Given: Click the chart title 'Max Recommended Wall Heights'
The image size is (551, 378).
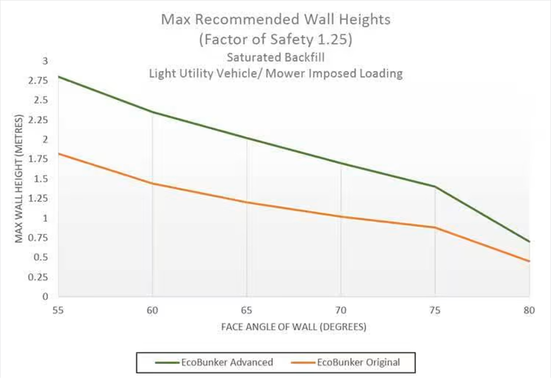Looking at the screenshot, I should coord(275,20).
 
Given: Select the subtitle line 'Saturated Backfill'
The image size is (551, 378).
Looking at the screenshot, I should coord(275,57).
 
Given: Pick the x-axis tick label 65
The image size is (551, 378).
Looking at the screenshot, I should coord(246,310).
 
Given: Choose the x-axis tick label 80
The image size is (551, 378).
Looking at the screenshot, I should coord(529,310).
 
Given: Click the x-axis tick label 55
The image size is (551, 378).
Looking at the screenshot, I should coord(58,310).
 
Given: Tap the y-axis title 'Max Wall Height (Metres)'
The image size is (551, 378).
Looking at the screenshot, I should coord(19,178).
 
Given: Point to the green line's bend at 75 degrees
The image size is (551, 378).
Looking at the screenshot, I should coord(435,186).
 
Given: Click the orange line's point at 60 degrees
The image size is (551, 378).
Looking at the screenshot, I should coord(152,183).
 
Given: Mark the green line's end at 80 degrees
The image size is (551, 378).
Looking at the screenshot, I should coord(529,242).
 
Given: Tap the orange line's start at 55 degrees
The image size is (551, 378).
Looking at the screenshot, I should coord(59,153).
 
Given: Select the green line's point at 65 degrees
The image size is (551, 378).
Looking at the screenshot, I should coord(246,138).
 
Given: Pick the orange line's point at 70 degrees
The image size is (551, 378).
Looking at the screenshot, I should coord(341,217).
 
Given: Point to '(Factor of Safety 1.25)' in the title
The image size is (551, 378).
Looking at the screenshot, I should coord(275,39).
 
